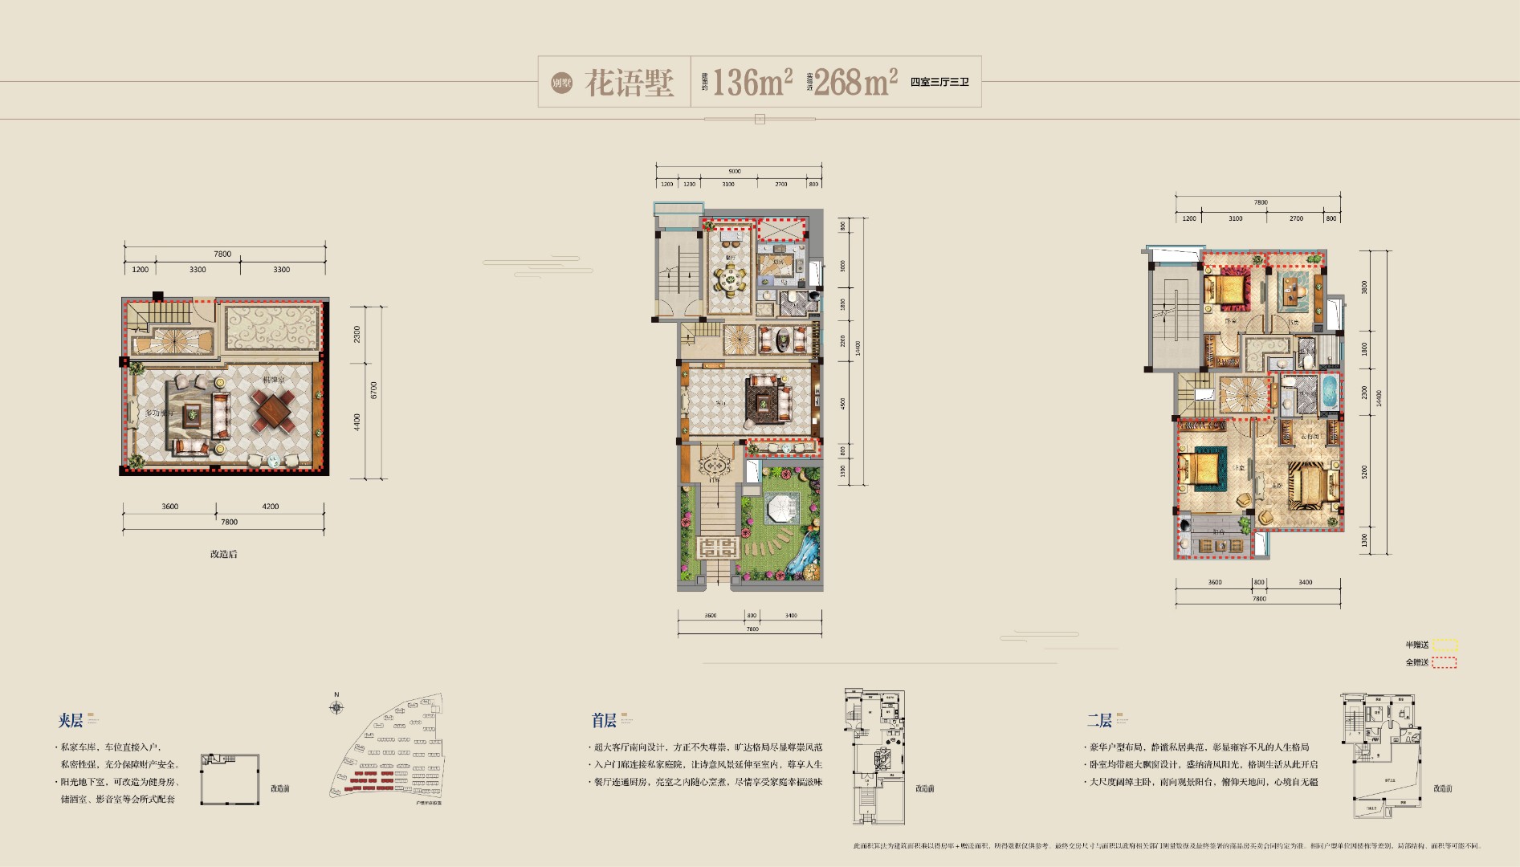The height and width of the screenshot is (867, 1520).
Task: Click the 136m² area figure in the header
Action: pyautogui.click(x=752, y=82)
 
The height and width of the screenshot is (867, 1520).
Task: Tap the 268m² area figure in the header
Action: pyautogui.click(x=855, y=82)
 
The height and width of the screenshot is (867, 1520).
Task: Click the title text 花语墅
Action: pyautogui.click(x=628, y=82)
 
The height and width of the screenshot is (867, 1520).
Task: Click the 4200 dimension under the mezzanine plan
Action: pyautogui.click(x=270, y=507)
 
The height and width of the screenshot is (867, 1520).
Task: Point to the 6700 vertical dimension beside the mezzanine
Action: pyautogui.click(x=373, y=390)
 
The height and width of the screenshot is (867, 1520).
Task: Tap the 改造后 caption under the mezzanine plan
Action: pyautogui.click(x=223, y=554)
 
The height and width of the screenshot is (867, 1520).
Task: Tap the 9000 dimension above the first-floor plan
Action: pyautogui.click(x=735, y=171)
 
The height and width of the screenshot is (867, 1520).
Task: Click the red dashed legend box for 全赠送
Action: pyautogui.click(x=1444, y=662)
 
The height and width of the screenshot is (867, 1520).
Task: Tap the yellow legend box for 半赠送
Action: pyautogui.click(x=1445, y=645)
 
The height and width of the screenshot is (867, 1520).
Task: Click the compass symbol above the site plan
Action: pyautogui.click(x=337, y=707)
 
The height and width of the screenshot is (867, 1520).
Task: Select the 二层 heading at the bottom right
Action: pyautogui.click(x=1099, y=720)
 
